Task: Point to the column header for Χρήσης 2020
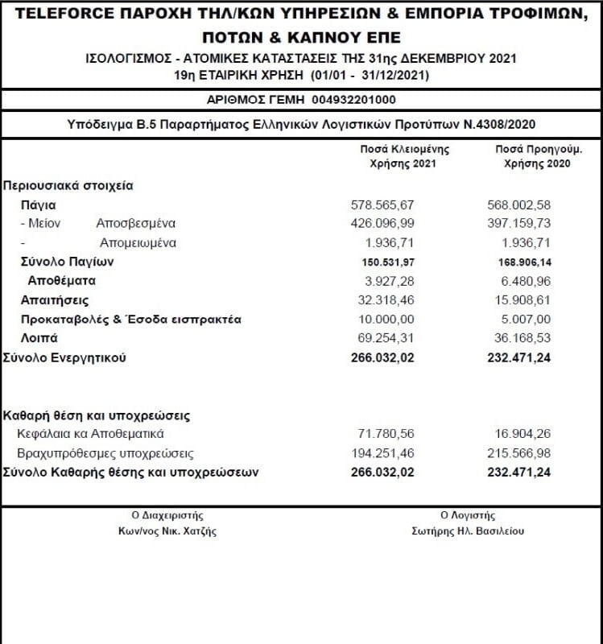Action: [531, 163]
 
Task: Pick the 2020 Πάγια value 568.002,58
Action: [519, 205]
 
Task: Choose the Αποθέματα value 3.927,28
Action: [389, 281]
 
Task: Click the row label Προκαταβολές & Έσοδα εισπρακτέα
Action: [130, 320]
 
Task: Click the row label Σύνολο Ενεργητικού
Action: [65, 358]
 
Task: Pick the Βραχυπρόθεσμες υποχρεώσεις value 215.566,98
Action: [519, 454]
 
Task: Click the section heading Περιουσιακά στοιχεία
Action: [68, 185]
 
